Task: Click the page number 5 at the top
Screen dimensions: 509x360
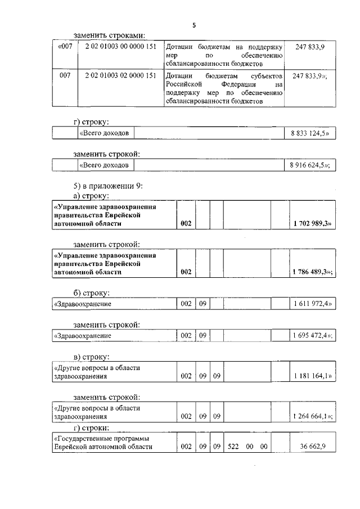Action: pyautogui.click(x=194, y=25)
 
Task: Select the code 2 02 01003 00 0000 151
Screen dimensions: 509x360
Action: pyautogui.click(x=120, y=47)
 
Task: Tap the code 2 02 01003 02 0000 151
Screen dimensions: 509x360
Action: pyautogui.click(x=120, y=75)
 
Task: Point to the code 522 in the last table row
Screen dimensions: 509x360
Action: pyautogui.click(x=234, y=447)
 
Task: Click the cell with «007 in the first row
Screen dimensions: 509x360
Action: pyautogui.click(x=65, y=47)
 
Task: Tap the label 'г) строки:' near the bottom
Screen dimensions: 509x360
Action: pyautogui.click(x=92, y=429)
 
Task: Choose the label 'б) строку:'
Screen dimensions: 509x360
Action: pyautogui.click(x=91, y=292)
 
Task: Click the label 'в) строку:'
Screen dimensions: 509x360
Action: pyautogui.click(x=91, y=357)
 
